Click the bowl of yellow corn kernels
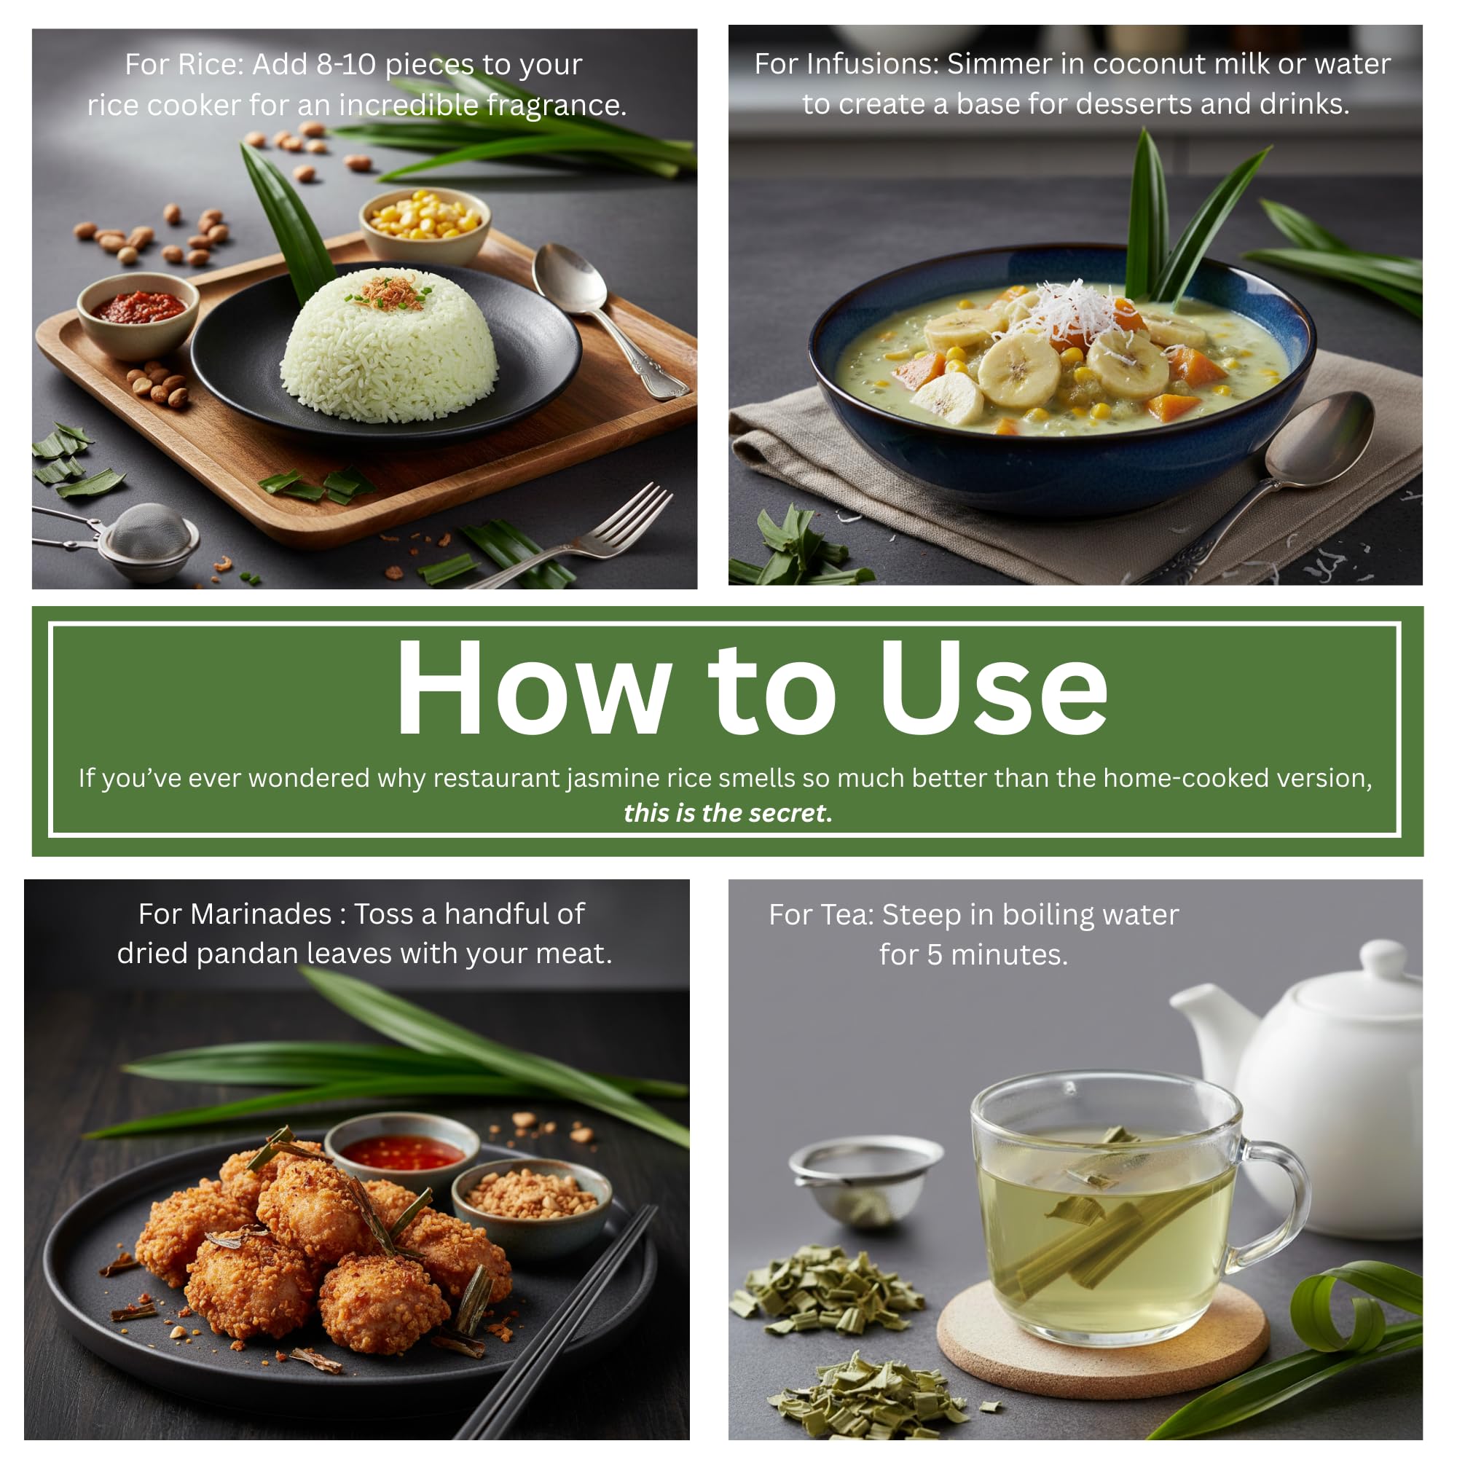[425, 224]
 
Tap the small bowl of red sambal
[138, 315]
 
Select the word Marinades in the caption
[261, 914]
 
